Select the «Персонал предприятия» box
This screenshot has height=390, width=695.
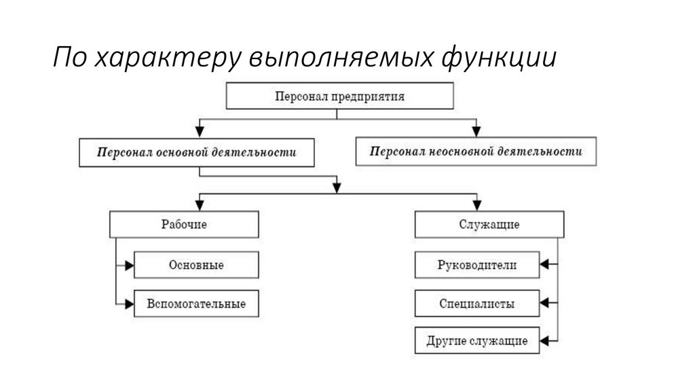pos(339,96)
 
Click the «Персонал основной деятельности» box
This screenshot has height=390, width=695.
pos(198,153)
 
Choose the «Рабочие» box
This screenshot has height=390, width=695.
pos(184,224)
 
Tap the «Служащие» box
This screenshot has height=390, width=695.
pos(489,224)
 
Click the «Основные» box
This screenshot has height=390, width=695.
pos(196,264)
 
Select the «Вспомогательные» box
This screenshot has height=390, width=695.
pos(196,303)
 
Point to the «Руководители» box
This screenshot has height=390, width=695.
pos(477,264)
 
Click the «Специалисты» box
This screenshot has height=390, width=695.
pos(477,303)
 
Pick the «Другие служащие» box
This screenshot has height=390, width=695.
pos(477,340)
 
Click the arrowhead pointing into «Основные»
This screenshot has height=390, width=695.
pos(130,264)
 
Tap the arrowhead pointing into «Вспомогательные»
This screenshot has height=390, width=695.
pos(130,303)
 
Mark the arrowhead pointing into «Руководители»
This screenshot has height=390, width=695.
pos(545,264)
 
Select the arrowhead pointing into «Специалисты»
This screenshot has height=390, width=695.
pos(545,303)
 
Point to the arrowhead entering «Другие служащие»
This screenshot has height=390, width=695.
pos(545,340)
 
